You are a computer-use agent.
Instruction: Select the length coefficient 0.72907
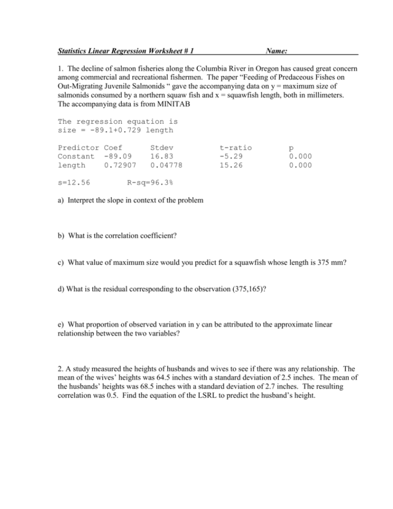[120, 165]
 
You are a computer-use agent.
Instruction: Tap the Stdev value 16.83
[161, 156]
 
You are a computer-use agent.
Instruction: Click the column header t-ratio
[235, 147]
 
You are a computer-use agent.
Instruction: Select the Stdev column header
[161, 147]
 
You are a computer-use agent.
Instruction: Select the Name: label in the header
[277, 51]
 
